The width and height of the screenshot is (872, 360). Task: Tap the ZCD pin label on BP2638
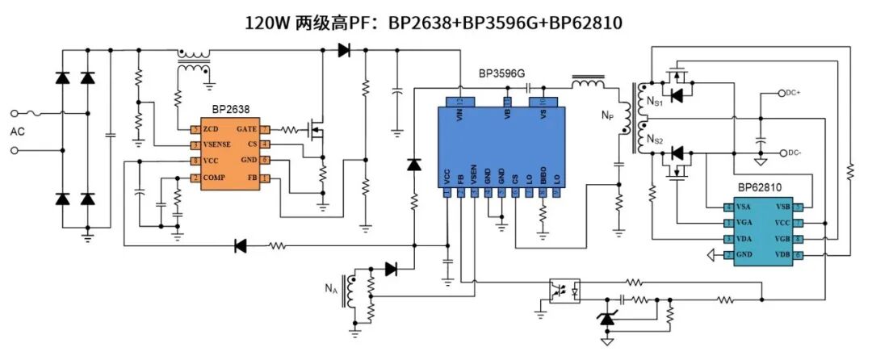[212, 130]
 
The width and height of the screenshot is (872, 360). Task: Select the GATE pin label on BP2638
[247, 130]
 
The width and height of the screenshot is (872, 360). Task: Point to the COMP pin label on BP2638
[215, 178]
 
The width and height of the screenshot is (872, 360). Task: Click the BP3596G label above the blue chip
[501, 73]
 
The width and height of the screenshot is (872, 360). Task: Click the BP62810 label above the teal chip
[760, 188]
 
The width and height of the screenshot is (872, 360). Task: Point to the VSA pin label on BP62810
[743, 207]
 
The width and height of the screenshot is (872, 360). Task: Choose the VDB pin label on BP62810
[781, 255]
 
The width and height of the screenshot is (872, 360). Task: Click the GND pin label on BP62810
[744, 255]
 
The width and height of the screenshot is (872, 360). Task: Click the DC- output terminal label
[796, 153]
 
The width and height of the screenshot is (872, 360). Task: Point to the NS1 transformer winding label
[655, 101]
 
